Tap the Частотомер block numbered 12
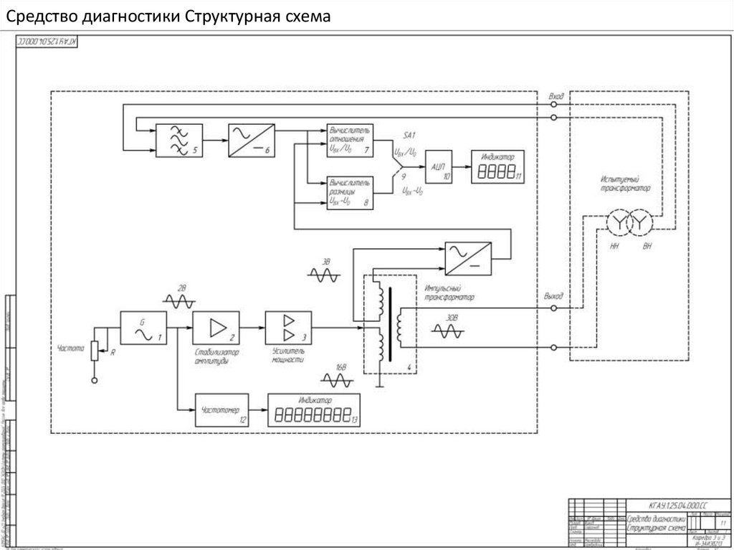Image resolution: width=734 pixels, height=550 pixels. (221, 410)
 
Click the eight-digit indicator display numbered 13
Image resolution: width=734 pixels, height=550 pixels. (313, 412)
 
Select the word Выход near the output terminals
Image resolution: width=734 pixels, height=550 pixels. (553, 295)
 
